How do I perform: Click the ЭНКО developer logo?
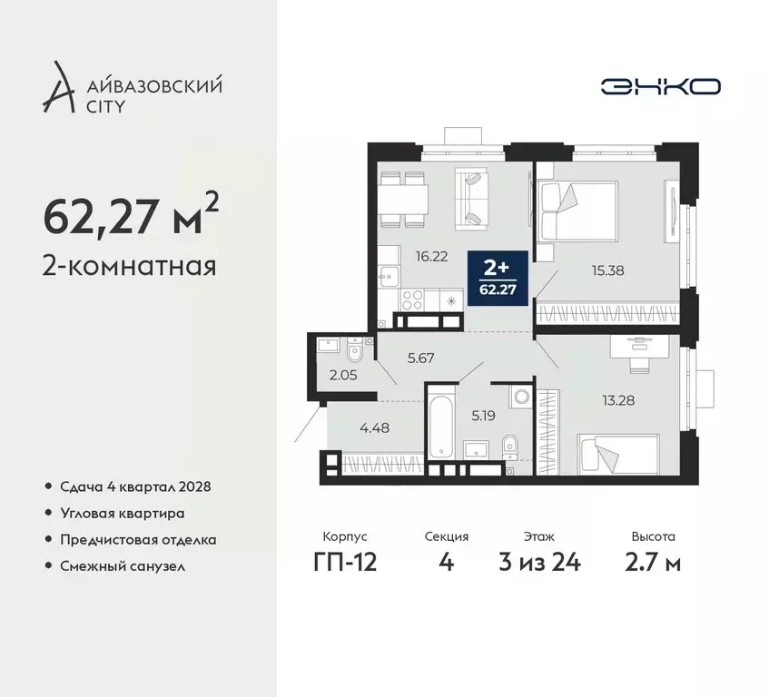tap(660, 86)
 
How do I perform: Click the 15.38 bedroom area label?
tap(607, 270)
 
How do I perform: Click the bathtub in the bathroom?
tap(441, 425)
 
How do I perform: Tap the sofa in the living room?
tap(474, 198)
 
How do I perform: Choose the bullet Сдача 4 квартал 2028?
tap(136, 486)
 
